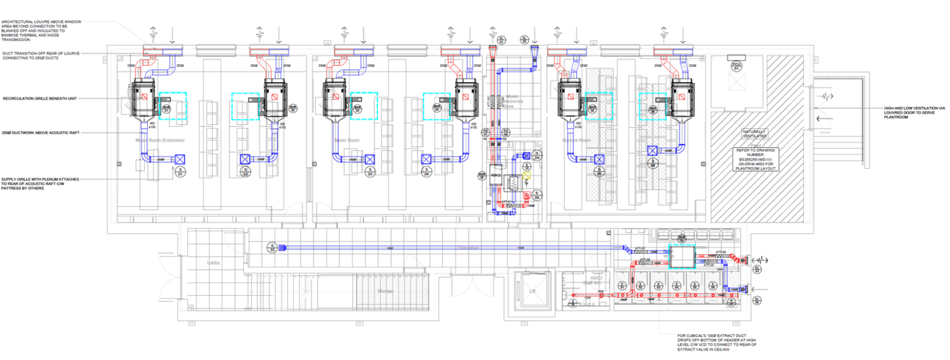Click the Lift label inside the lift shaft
point(531,290)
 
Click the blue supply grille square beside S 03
point(369,159)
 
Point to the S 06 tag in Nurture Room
point(652,164)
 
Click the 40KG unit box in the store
point(495,175)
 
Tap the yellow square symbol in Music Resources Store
point(527,175)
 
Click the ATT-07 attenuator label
point(639,249)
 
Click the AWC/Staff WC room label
point(596,281)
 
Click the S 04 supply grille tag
point(427,173)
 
